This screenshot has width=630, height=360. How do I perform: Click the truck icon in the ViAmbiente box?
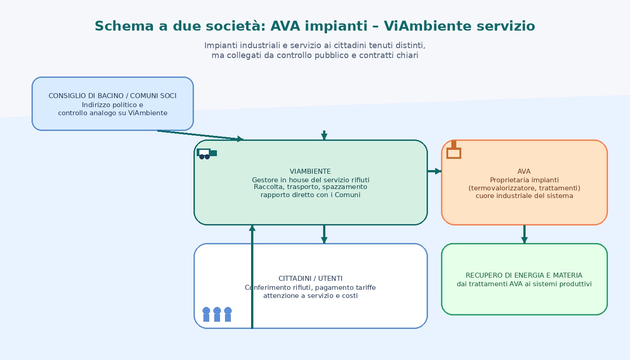coord(206,153)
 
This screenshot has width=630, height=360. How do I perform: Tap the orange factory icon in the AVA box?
coord(454,151)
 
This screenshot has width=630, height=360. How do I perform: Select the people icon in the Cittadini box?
coord(217,314)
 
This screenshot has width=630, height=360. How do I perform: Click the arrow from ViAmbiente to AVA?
coord(434,171)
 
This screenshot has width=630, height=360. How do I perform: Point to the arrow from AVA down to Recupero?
coord(524,234)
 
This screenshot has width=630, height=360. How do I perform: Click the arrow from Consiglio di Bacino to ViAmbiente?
coord(200,135)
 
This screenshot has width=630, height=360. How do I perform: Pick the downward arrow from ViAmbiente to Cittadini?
coord(324,234)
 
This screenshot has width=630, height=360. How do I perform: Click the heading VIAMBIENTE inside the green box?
coord(310,171)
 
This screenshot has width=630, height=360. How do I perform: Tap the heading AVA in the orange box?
coord(524,171)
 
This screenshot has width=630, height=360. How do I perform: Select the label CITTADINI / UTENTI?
coord(310,279)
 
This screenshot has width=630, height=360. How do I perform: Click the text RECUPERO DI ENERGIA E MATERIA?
coord(524,275)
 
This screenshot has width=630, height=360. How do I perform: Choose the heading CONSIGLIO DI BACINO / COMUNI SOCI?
coord(112,96)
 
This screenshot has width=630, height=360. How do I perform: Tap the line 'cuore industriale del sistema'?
coord(524,196)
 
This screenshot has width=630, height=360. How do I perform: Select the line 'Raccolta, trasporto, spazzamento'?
coord(310,187)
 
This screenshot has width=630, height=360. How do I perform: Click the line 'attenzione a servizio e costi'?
coord(310,296)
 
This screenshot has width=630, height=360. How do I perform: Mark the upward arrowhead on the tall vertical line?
coord(252,228)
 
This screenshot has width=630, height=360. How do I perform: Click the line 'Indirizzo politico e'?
coord(112,105)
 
